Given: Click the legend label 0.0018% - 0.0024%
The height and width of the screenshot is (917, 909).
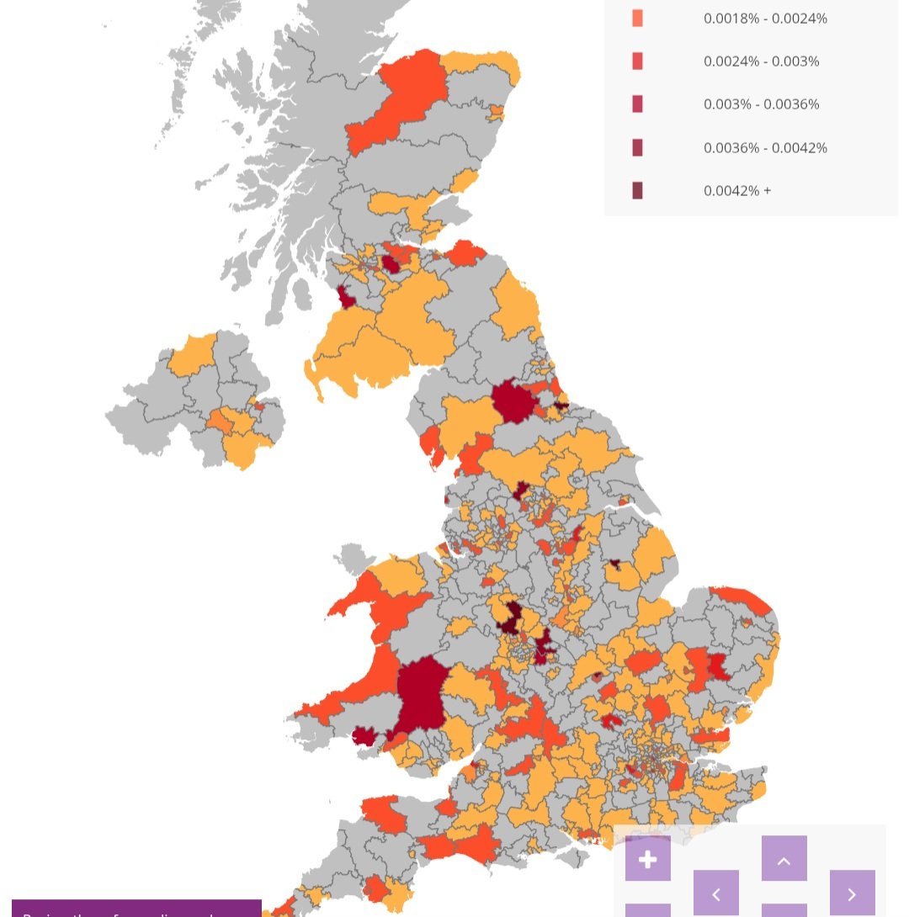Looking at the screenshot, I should pyautogui.click(x=765, y=19).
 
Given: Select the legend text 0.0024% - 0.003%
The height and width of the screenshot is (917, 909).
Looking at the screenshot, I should pyautogui.click(x=761, y=61).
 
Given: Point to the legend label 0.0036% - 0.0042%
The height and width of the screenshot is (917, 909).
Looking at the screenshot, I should pyautogui.click(x=765, y=148).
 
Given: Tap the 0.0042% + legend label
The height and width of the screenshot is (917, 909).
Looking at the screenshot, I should pyautogui.click(x=737, y=191).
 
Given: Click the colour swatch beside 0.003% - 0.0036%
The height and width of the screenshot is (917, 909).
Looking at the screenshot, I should pyautogui.click(x=637, y=104).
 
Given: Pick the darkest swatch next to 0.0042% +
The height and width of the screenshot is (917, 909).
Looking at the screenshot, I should pyautogui.click(x=637, y=191).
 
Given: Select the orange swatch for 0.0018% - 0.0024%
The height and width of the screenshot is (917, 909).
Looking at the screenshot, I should pyautogui.click(x=637, y=19).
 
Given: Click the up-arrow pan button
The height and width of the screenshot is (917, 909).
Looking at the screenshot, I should pyautogui.click(x=784, y=858).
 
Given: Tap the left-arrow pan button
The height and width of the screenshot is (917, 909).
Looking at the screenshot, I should pyautogui.click(x=715, y=893).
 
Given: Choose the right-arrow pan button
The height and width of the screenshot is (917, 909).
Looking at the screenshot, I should pyautogui.click(x=852, y=893).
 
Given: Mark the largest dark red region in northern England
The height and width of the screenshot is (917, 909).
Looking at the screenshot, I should pyautogui.click(x=513, y=401).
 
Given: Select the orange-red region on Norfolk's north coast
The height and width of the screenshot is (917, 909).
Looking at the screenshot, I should pyautogui.click(x=741, y=600).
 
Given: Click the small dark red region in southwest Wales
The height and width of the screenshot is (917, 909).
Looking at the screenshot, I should pyautogui.click(x=364, y=735).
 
